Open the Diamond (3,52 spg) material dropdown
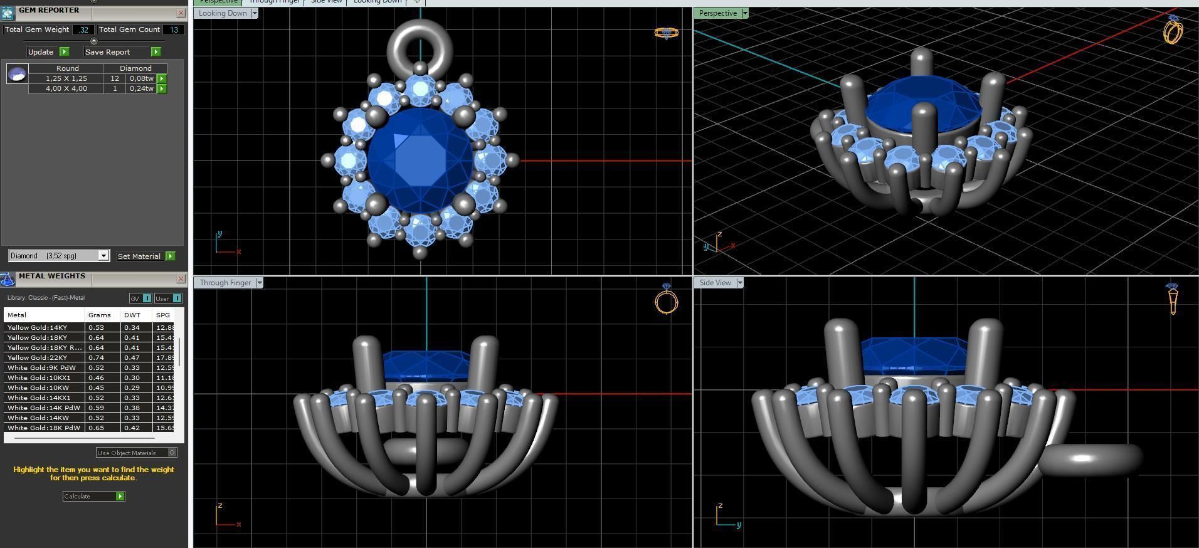(x=103, y=256)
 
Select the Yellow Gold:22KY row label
(x=38, y=357)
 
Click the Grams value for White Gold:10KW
(x=96, y=387)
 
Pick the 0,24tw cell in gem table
(x=141, y=88)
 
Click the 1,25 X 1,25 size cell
(x=66, y=78)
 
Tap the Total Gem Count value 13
(x=174, y=29)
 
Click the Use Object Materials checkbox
(x=172, y=453)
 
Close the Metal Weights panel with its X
(x=181, y=278)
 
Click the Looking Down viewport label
(x=222, y=13)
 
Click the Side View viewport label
(x=715, y=283)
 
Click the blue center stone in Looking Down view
(x=420, y=160)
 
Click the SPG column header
(x=163, y=315)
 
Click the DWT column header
(x=132, y=315)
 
